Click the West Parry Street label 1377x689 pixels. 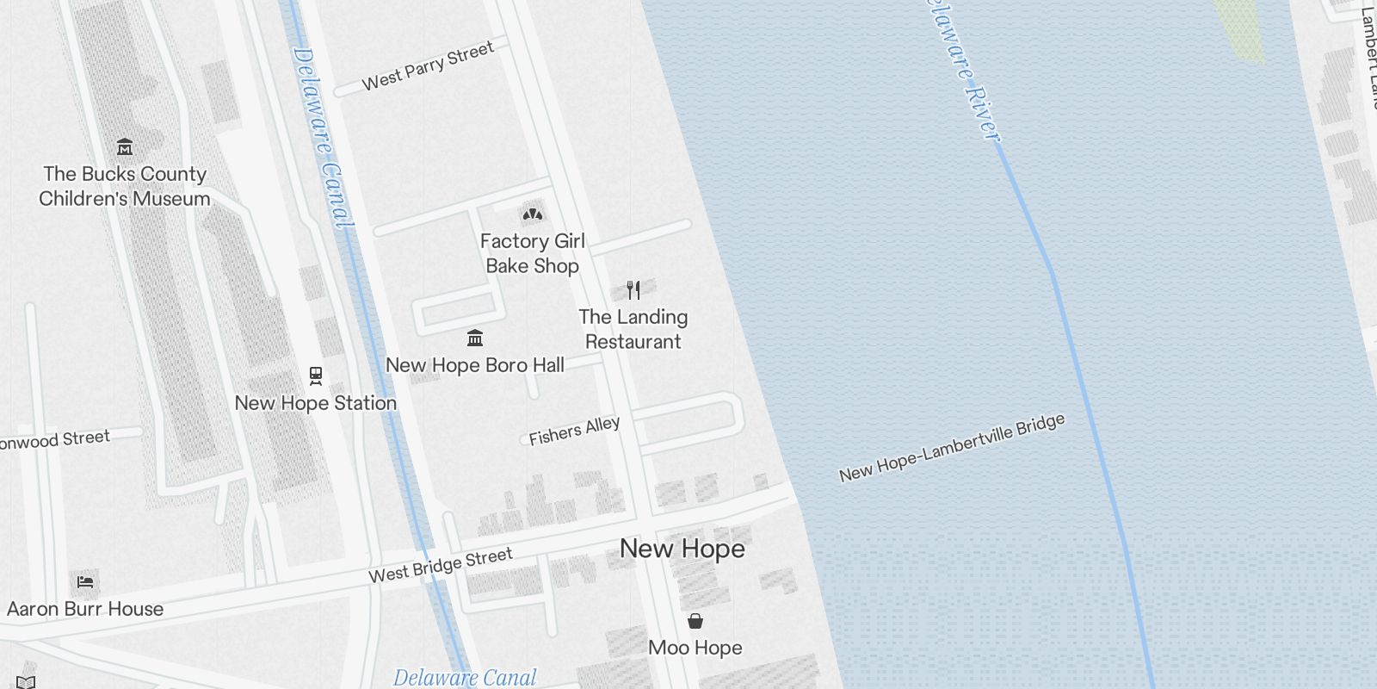point(428,65)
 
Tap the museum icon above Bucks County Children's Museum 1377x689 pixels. point(125,146)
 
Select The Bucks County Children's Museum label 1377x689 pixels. point(125,186)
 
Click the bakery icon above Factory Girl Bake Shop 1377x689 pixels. point(532,214)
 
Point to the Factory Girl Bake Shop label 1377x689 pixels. point(532,253)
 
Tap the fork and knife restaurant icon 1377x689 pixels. point(633,289)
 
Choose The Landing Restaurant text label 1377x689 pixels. point(633,329)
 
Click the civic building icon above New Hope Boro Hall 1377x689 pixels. point(475,338)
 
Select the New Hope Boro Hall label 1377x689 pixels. point(475,365)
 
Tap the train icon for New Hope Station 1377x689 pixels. point(316,376)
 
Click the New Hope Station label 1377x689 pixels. point(316,403)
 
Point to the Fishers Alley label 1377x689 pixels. point(574,431)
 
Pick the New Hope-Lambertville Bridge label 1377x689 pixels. point(952,448)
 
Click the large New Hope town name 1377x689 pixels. point(682,549)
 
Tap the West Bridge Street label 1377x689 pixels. point(441,565)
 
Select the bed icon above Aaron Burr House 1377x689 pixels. point(84,582)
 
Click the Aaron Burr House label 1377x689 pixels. point(85,609)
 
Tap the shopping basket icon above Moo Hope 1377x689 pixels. point(695,621)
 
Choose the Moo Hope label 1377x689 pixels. point(695,648)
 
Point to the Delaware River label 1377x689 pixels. point(961,69)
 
